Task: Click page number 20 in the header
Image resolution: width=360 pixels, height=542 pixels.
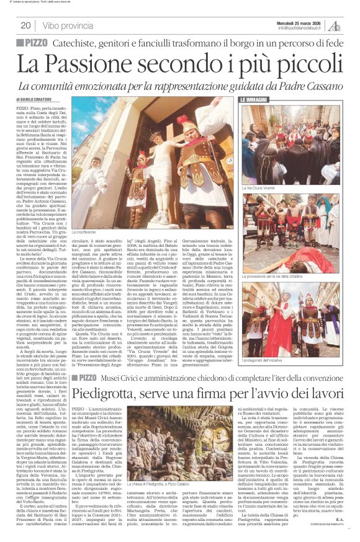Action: click(25, 25)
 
